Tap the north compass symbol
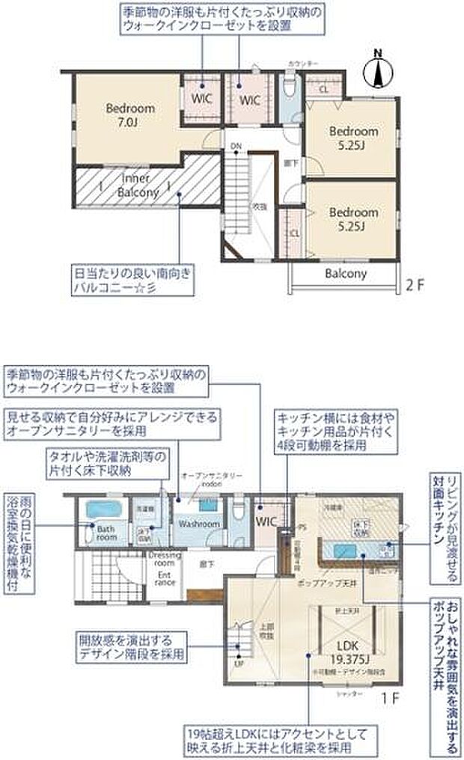tap(379, 72)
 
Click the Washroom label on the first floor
tap(198, 524)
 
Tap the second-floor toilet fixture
tap(291, 89)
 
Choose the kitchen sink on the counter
tap(344, 551)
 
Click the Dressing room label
tap(162, 560)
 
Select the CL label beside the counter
tap(323, 88)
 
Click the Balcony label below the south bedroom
tap(346, 274)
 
